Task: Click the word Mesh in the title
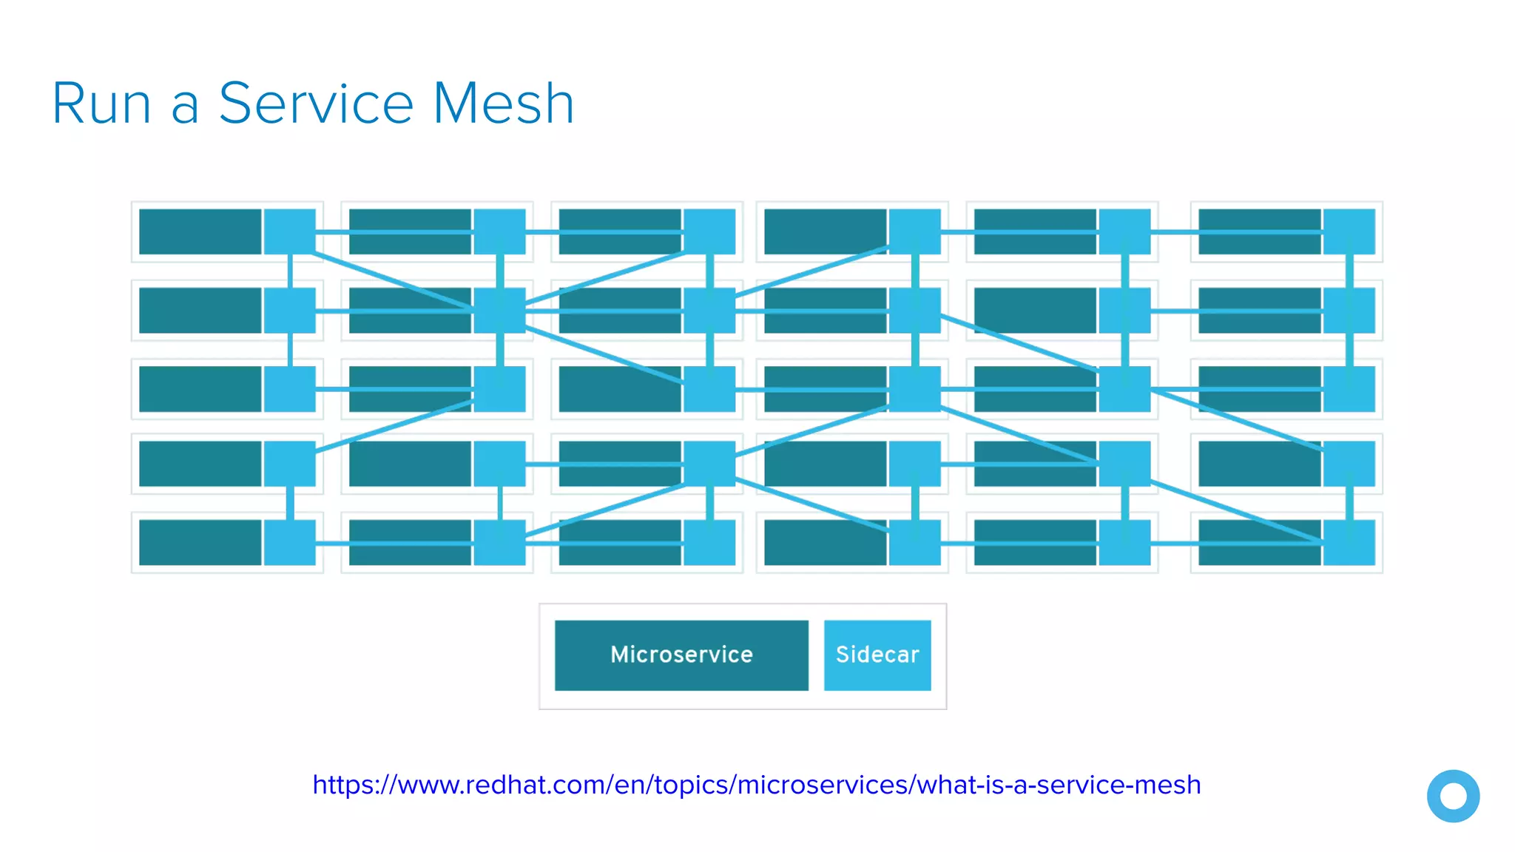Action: [x=503, y=104]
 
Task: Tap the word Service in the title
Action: [x=316, y=104]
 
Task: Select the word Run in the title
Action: [x=101, y=104]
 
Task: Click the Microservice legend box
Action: [x=681, y=655]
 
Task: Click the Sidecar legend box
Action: [x=877, y=655]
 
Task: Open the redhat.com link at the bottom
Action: [x=756, y=785]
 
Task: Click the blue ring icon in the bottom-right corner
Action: [x=1453, y=796]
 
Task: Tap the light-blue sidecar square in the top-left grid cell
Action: [x=290, y=231]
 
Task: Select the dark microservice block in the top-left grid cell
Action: [x=200, y=231]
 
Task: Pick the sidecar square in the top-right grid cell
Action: [x=1349, y=231]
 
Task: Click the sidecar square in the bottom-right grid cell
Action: [x=1349, y=542]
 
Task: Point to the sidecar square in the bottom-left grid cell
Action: [x=290, y=542]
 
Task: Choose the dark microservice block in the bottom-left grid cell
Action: [x=200, y=542]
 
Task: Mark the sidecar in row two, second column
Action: [x=499, y=310]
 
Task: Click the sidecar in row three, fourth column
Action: [x=914, y=388]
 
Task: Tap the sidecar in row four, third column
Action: [x=709, y=464]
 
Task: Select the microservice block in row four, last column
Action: [x=1259, y=464]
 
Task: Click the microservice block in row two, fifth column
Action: [x=1035, y=310]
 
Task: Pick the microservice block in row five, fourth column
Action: [x=825, y=542]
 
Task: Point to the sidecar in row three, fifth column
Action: [x=1124, y=388]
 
